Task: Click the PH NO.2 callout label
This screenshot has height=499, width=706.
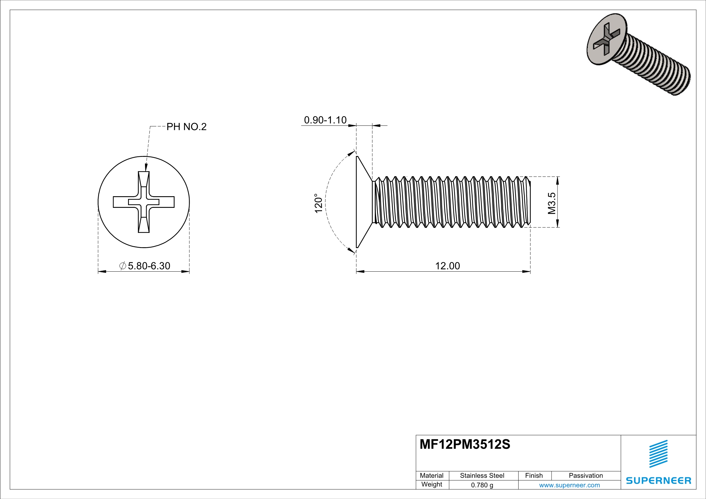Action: point(186,127)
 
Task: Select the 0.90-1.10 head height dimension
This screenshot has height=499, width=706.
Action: point(325,120)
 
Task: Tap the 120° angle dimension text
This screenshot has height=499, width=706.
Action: point(319,203)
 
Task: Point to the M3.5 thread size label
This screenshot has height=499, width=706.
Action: point(552,203)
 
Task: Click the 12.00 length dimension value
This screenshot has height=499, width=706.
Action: point(447,266)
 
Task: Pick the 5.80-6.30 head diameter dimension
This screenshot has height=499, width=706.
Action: point(149,266)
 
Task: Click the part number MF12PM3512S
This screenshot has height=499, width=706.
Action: point(465,445)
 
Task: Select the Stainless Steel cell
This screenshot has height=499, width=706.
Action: point(482,475)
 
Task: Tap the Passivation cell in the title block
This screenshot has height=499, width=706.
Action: point(586,475)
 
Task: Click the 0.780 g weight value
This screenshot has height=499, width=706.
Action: point(482,485)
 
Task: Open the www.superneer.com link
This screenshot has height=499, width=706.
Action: point(569,485)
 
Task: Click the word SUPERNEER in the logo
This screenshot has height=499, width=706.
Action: point(658,481)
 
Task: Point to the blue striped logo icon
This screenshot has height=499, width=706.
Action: point(658,454)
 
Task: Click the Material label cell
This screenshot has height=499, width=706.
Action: point(431,475)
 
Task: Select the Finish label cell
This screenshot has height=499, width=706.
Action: point(534,475)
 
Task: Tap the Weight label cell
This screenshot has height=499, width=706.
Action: point(431,485)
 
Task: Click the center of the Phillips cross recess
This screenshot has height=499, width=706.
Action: point(144,202)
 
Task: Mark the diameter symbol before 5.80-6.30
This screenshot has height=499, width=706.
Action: point(123,266)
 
